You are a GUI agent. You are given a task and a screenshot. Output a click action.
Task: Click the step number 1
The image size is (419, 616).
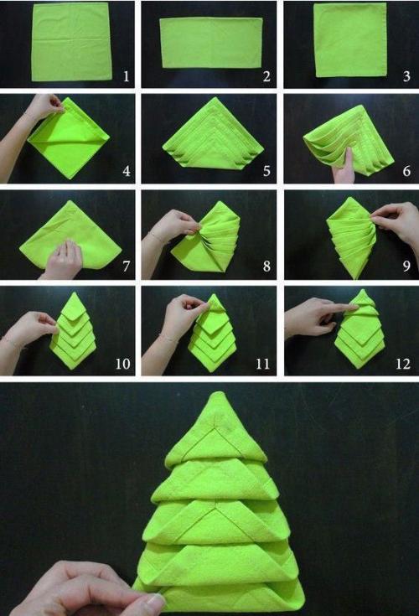click(x=126, y=75)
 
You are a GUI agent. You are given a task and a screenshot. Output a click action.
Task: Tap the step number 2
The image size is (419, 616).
click(x=266, y=76)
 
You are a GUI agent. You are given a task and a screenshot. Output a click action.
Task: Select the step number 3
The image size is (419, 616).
click(x=406, y=76)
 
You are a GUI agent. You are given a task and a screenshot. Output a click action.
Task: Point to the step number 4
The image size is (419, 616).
click(x=126, y=171)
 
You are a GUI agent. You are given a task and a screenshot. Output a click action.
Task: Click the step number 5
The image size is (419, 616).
click(x=266, y=171)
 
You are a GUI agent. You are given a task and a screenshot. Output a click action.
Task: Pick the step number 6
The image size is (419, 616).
click(x=406, y=171)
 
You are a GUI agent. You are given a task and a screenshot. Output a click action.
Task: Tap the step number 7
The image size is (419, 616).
click(x=126, y=267)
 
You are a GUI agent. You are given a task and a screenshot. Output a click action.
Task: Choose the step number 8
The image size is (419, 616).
click(x=266, y=267)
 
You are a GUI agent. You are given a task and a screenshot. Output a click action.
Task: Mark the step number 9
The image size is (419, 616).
click(x=406, y=267)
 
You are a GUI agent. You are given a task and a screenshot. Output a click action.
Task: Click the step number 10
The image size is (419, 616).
click(x=122, y=364)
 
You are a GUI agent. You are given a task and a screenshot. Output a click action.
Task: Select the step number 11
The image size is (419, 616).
click(x=262, y=364)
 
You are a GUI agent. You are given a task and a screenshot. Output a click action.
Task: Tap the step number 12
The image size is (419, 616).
click(x=403, y=364)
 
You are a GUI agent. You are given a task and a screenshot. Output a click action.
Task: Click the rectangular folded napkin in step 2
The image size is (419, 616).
click(x=211, y=43)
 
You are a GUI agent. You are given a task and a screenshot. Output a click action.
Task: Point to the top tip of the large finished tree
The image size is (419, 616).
click(x=216, y=391)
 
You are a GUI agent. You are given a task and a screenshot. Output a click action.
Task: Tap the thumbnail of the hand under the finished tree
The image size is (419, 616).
click(x=156, y=601)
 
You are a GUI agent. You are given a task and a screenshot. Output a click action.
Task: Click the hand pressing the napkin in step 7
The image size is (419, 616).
click(x=63, y=259)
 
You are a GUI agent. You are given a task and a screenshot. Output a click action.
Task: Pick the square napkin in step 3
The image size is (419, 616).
click(x=350, y=39)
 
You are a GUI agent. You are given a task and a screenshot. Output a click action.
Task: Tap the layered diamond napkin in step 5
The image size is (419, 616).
click(x=213, y=133)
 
